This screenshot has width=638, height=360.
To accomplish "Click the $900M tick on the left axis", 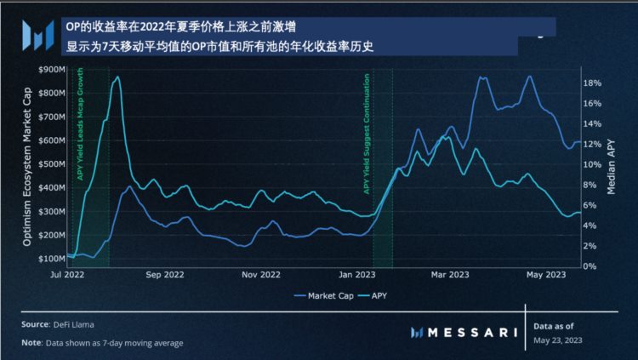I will (x=53, y=69).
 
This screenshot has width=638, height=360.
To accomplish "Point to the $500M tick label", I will (x=53, y=163).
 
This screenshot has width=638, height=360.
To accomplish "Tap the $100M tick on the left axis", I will (x=53, y=258).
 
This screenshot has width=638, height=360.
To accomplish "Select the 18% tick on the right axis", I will (x=593, y=83).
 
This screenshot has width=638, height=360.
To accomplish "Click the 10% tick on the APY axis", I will (x=593, y=164).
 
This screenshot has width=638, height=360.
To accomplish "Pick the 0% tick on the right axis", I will (x=590, y=266).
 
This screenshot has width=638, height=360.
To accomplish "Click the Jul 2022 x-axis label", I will (x=68, y=275).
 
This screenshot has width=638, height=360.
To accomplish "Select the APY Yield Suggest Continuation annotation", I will (x=367, y=133).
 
